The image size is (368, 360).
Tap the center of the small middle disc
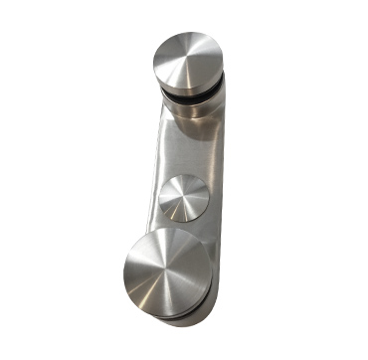(182, 197)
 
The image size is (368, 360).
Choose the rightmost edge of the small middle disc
(209, 197)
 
